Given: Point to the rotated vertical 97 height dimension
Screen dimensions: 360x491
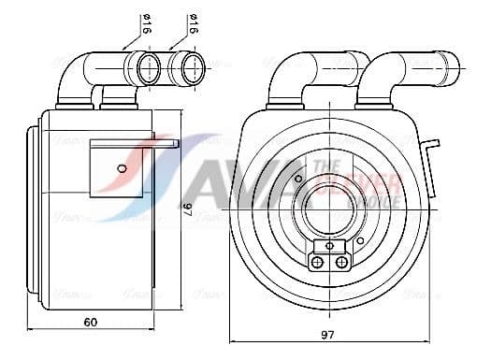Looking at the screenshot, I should (x=187, y=210).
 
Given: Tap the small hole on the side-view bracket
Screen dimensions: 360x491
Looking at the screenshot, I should (x=121, y=168).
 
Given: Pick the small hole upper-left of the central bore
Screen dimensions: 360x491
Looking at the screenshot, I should (x=297, y=179).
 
